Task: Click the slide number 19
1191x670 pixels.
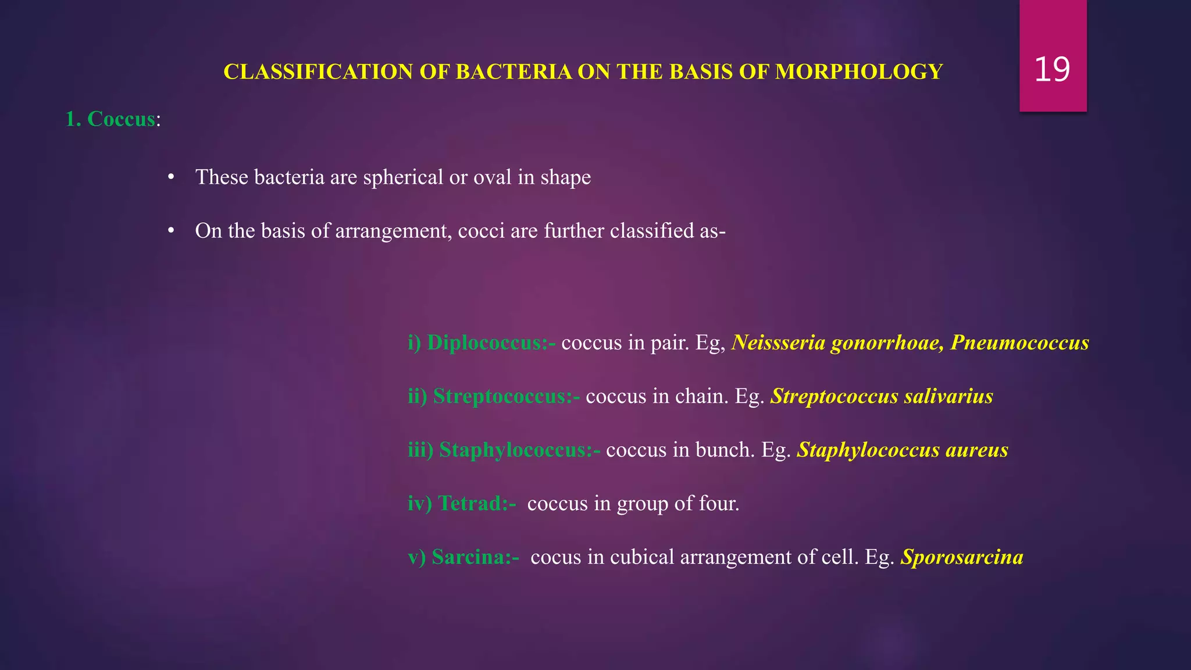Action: tap(1052, 70)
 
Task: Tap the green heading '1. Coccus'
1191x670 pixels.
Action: tap(110, 119)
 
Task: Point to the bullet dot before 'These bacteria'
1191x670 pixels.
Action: tap(170, 177)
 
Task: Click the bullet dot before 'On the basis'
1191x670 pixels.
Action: tap(170, 231)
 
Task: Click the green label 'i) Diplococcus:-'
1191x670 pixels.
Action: tap(482, 343)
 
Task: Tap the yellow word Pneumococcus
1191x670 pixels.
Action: tap(1019, 343)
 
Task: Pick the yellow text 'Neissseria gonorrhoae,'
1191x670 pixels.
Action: tap(837, 343)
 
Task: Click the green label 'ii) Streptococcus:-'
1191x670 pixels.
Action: tap(494, 396)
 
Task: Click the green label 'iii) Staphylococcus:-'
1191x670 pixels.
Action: tap(504, 450)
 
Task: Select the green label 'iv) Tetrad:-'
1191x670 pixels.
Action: tap(462, 503)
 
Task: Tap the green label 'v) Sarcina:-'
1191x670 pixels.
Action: tap(463, 557)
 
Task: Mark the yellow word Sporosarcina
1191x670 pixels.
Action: tap(962, 557)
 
